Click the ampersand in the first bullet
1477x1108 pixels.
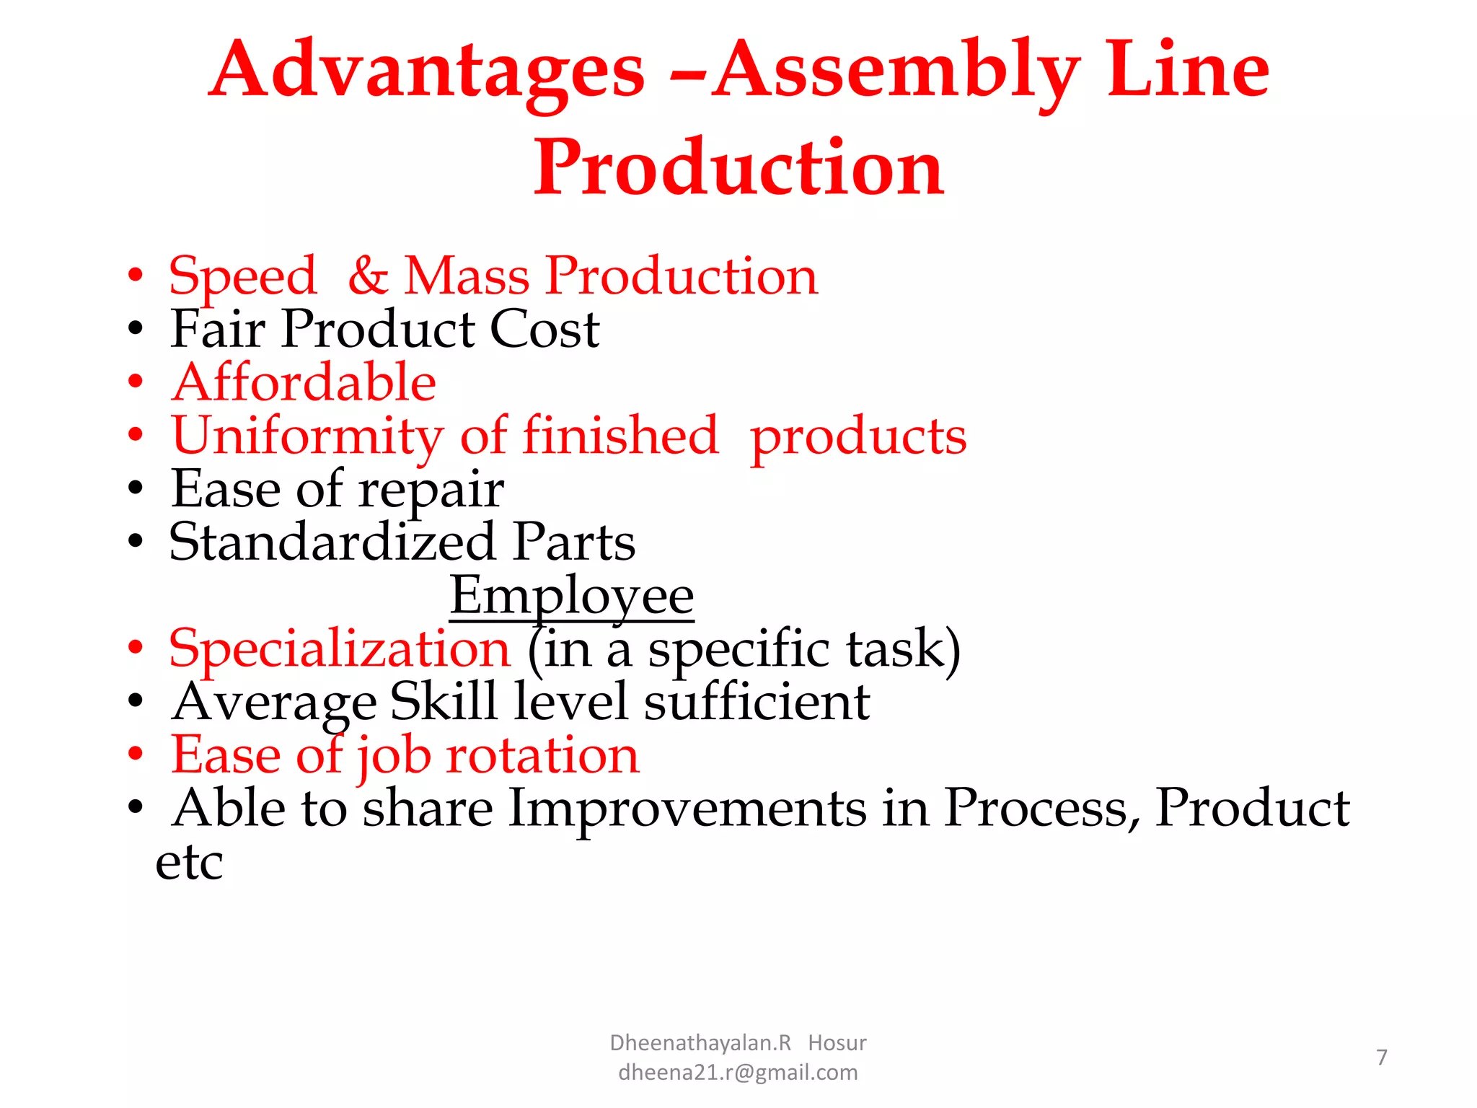pos(368,276)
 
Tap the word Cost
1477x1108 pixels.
pos(544,329)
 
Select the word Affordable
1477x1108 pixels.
pos(304,382)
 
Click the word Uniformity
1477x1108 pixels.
pos(307,437)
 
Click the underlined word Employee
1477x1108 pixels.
pos(571,596)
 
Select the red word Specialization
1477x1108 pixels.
pos(340,649)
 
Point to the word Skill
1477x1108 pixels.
pos(443,701)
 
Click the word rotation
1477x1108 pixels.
pos(542,755)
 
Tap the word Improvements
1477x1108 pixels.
pos(687,809)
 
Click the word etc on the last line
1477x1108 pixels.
pos(189,862)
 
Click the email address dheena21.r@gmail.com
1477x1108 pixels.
pos(738,1073)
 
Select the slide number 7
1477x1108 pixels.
pos(1381,1058)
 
